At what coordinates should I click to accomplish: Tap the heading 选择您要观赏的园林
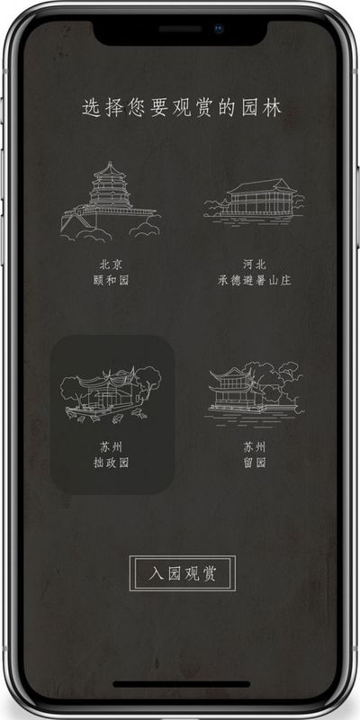(182, 108)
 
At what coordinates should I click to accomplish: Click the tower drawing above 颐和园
(110, 201)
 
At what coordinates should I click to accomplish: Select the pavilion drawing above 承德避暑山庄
(254, 201)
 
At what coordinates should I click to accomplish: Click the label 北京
(111, 265)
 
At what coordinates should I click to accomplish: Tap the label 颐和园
(111, 280)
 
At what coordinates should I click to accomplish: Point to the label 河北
(255, 265)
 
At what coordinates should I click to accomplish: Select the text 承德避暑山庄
(255, 280)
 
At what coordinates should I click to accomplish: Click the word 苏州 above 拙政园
(111, 446)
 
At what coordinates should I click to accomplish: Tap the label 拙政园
(111, 463)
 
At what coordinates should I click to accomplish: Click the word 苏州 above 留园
(255, 446)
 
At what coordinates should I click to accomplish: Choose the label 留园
(255, 463)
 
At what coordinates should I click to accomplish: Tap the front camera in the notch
(218, 29)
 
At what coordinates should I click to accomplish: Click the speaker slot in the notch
(180, 29)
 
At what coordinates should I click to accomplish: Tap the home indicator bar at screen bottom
(182, 685)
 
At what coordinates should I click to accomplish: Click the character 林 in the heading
(273, 108)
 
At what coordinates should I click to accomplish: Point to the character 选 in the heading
(92, 108)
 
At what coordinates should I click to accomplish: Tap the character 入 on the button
(156, 573)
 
